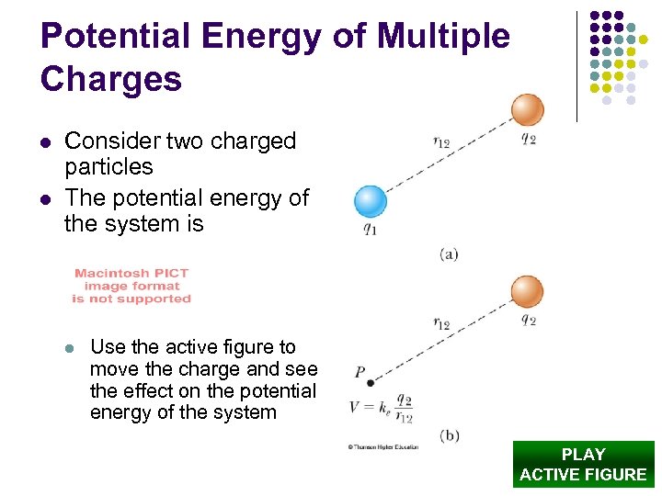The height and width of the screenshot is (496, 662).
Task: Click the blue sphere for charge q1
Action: (x=371, y=201)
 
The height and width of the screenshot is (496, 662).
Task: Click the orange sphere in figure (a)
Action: (x=528, y=109)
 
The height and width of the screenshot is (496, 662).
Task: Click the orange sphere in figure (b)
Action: (x=528, y=290)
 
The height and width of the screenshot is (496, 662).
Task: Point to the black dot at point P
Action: (x=370, y=383)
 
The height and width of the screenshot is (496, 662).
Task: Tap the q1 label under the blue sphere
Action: (x=370, y=230)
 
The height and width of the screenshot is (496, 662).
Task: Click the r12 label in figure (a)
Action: (x=442, y=141)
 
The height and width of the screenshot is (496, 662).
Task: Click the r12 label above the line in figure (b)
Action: (x=442, y=322)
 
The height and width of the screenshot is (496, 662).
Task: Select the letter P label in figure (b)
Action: (x=360, y=372)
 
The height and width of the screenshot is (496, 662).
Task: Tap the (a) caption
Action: (x=449, y=253)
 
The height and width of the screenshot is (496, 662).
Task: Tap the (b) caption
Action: (x=450, y=434)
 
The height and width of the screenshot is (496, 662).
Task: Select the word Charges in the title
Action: (x=111, y=79)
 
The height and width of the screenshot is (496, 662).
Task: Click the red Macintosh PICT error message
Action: (x=131, y=286)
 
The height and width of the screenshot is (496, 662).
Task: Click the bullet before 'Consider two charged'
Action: (x=45, y=142)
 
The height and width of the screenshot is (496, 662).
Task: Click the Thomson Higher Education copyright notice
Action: (x=382, y=447)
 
